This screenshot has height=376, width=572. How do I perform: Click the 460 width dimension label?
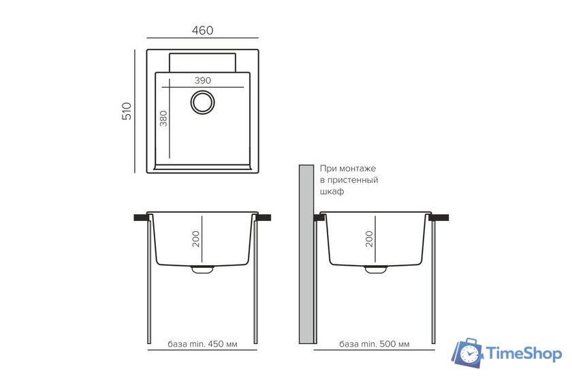(x=202, y=30)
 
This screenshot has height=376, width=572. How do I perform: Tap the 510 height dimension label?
(x=127, y=111)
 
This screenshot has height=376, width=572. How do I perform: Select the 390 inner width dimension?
(x=202, y=80)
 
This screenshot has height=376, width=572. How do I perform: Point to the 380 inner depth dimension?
(x=163, y=118)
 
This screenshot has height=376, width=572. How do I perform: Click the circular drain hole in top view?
(x=202, y=102)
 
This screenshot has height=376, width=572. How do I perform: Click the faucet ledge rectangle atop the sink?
(x=202, y=63)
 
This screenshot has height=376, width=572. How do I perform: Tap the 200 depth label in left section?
(x=196, y=239)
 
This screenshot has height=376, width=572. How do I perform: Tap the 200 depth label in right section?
(x=369, y=239)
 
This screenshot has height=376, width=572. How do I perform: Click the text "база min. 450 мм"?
(x=202, y=344)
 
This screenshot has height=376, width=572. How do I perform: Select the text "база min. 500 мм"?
(x=375, y=344)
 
